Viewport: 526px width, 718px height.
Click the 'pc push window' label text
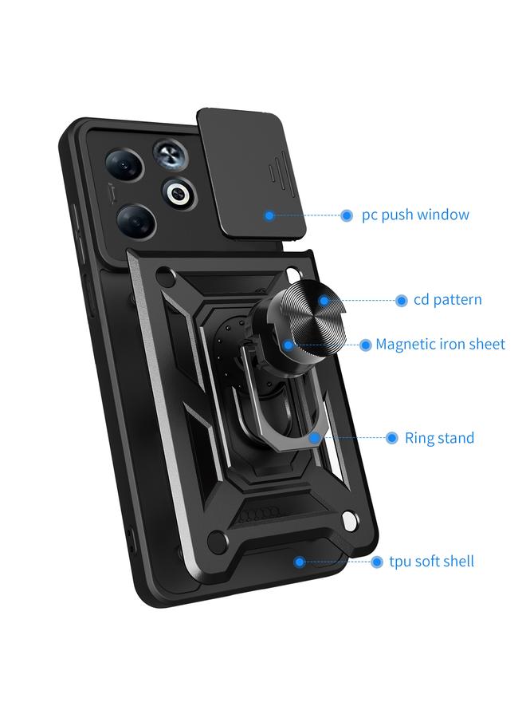(415, 215)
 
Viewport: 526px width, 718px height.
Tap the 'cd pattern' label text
(447, 300)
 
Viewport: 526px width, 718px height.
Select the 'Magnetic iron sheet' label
(440, 345)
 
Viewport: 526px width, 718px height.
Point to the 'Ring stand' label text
(439, 438)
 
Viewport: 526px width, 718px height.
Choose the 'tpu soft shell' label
(431, 562)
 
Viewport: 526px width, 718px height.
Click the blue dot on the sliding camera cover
(269, 215)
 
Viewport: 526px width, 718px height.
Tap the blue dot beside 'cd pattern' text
(401, 301)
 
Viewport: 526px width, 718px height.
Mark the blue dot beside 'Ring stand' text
(391, 438)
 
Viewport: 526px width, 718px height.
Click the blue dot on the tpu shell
(299, 562)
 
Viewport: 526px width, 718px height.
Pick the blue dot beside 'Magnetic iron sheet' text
(365, 345)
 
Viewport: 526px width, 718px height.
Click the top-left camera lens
(124, 164)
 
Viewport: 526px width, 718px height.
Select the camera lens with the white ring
(178, 192)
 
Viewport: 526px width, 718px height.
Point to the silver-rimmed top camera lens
(169, 152)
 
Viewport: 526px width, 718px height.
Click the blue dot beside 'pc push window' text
(347, 215)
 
